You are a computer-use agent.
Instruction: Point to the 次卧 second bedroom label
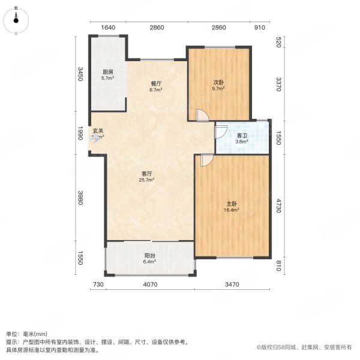pyautogui.click(x=218, y=85)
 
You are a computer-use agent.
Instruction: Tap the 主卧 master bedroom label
pyautogui.click(x=232, y=206)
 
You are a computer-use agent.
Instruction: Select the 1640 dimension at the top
pyautogui.click(x=108, y=28)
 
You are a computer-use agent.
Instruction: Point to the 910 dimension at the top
pyautogui.click(x=259, y=28)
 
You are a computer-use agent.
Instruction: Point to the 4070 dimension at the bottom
pyautogui.click(x=150, y=284)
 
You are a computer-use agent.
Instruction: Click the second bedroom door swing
pyautogui.click(x=201, y=115)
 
